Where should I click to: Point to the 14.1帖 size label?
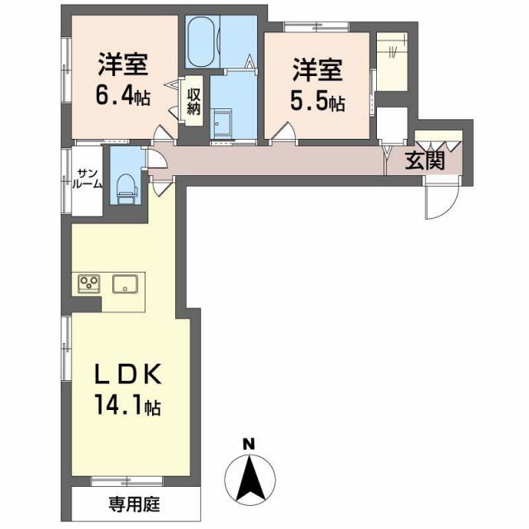125,407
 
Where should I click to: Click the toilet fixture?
126,187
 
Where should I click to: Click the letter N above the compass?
247,445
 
